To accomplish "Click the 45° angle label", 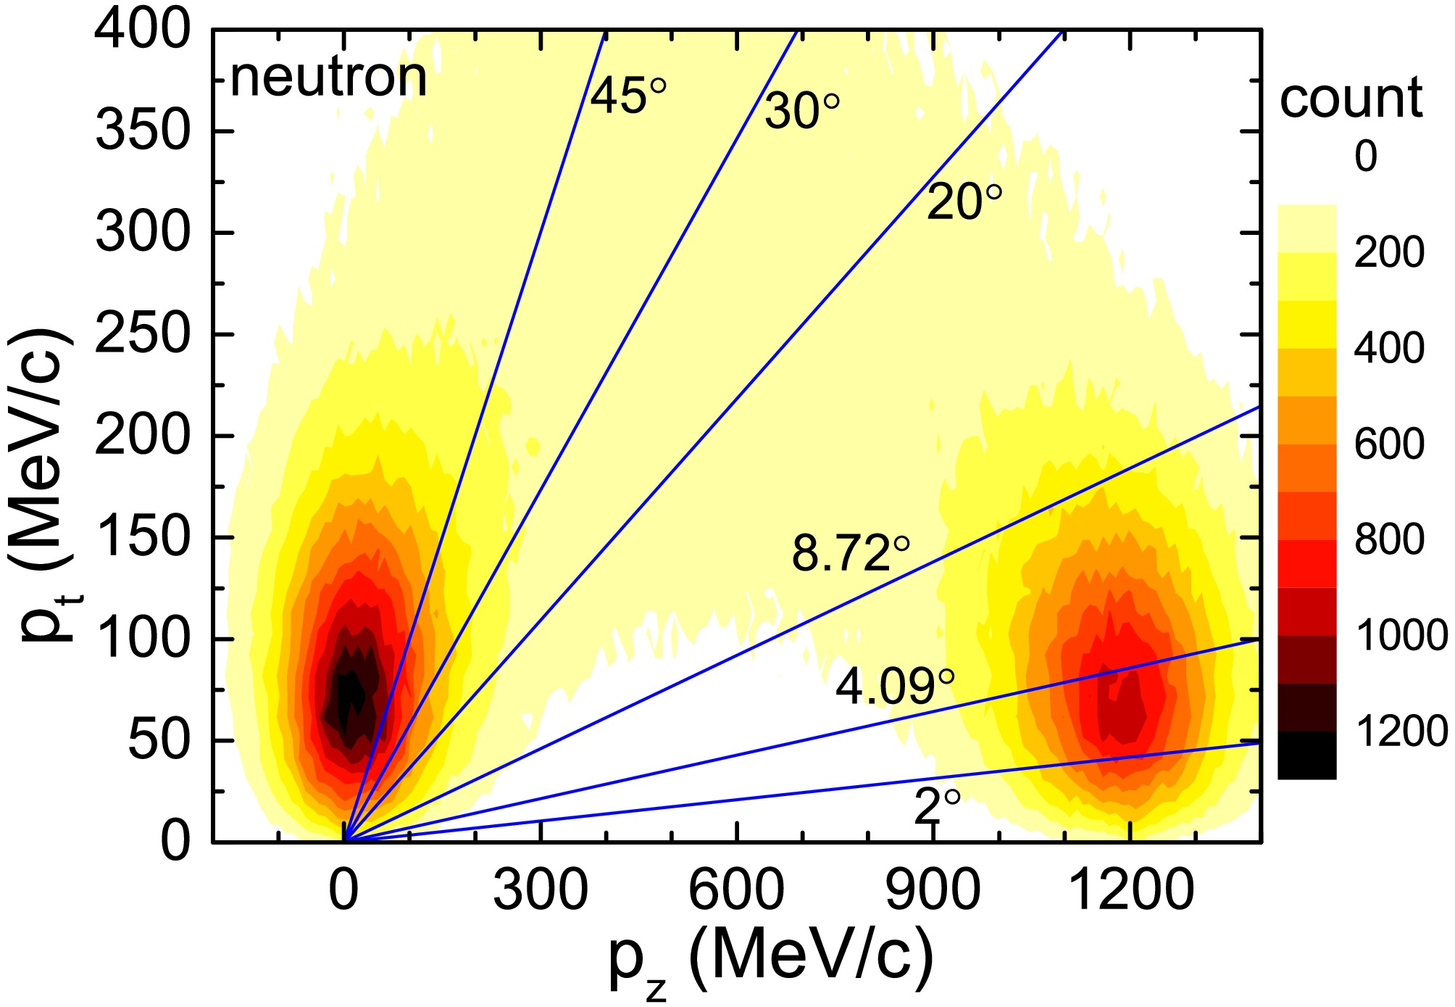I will [x=628, y=96].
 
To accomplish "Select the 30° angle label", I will [x=801, y=112].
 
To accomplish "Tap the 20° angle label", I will [x=964, y=202].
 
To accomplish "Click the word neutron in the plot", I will [x=328, y=78].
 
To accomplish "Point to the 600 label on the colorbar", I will [x=1389, y=444].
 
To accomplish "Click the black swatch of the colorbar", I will [x=1306, y=755].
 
